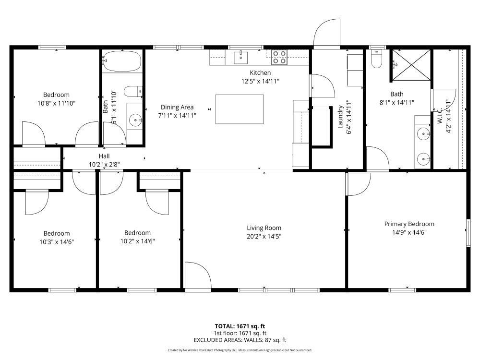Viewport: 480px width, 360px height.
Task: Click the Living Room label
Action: point(264,228)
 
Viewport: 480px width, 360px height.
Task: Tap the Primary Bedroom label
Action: point(409,224)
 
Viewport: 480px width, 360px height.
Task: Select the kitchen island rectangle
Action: point(240,109)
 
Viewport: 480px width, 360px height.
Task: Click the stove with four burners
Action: point(280,58)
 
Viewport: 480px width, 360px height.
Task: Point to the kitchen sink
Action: point(240,58)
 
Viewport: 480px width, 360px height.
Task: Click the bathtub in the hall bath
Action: point(122,61)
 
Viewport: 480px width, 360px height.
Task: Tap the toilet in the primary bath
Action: point(377,59)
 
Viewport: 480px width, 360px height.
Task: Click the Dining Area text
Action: point(177,108)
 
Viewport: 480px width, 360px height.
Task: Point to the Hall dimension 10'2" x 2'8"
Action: point(104,164)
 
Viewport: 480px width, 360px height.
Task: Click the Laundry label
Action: point(341,117)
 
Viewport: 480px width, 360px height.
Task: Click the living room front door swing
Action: point(197,276)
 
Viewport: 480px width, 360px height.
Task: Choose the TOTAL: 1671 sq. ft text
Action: point(240,326)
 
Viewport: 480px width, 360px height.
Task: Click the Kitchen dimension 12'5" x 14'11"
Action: point(260,81)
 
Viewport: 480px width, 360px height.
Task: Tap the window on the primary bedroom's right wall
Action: point(468,233)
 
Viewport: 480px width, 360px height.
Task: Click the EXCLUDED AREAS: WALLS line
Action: point(240,340)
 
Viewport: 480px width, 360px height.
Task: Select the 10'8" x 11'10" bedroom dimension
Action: point(57,103)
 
